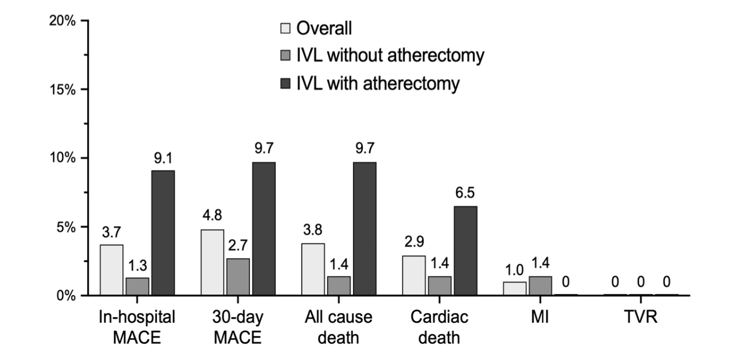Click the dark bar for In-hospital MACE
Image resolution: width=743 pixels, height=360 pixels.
click(x=163, y=233)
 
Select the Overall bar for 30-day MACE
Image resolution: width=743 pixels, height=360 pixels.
click(x=213, y=263)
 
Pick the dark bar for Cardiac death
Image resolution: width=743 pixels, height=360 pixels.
click(x=465, y=251)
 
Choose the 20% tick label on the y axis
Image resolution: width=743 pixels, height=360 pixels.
click(x=62, y=21)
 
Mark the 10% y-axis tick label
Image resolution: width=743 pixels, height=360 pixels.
click(x=62, y=158)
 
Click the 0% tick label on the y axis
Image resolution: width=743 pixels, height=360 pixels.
click(x=65, y=296)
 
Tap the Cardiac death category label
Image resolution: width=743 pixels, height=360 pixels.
click(x=440, y=327)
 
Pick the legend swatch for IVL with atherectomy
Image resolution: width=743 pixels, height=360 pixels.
click(x=286, y=84)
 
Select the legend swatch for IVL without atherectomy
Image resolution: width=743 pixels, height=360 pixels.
click(x=286, y=56)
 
